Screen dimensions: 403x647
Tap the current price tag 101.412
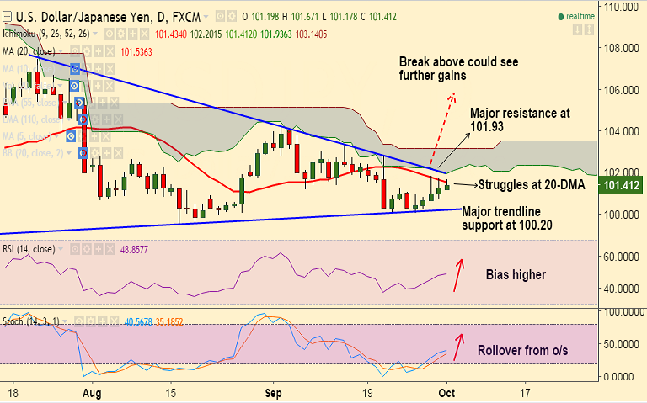[622, 184]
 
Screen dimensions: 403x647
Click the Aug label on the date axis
[93, 392]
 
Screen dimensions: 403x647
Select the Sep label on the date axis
[273, 392]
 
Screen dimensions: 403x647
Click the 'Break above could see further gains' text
[458, 69]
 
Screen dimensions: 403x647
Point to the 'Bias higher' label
[516, 275]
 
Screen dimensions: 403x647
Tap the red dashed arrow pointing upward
[441, 126]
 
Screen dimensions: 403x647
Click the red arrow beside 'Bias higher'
[457, 274]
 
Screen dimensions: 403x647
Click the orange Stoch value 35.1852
[168, 321]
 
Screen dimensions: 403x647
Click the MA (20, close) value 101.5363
[136, 51]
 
